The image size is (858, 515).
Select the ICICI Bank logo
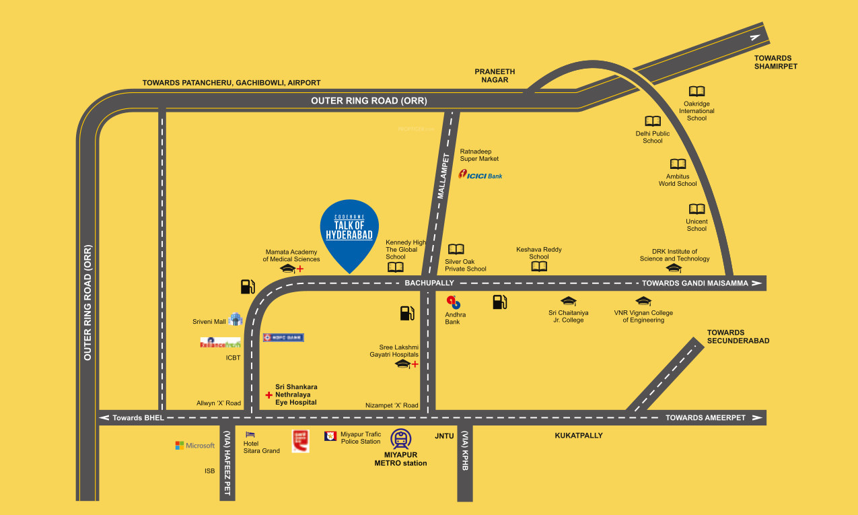pyautogui.click(x=480, y=175)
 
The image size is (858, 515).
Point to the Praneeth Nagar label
pyautogui.click(x=495, y=75)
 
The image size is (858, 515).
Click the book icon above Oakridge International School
pyautogui.click(x=696, y=92)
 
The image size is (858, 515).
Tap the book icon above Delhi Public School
pyautogui.click(x=653, y=121)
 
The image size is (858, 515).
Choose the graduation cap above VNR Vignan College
pyautogui.click(x=643, y=301)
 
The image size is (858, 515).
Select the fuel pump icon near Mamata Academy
pyautogui.click(x=248, y=287)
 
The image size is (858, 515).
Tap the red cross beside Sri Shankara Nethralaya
pyautogui.click(x=269, y=395)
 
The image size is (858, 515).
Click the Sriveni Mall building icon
pyautogui.click(x=235, y=319)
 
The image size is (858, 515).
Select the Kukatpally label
pyautogui.click(x=579, y=436)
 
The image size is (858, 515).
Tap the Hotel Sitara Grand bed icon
pyautogui.click(x=250, y=435)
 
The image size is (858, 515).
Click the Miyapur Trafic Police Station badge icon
pyautogui.click(x=330, y=436)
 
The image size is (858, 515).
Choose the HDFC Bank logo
pyautogui.click(x=283, y=337)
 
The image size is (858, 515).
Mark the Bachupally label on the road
pyautogui.click(x=429, y=283)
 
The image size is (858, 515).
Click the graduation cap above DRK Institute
pyautogui.click(x=674, y=268)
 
